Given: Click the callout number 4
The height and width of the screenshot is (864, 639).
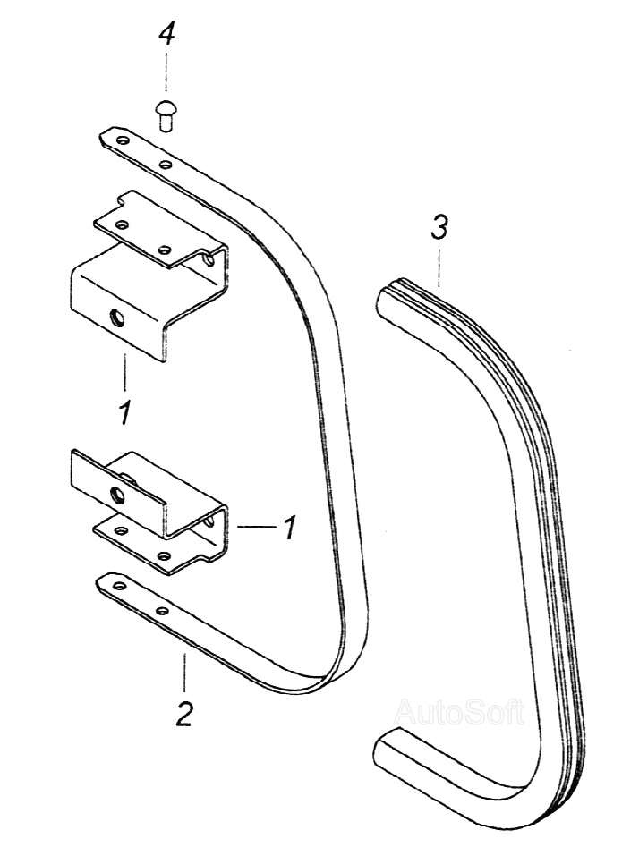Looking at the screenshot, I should coord(166,35).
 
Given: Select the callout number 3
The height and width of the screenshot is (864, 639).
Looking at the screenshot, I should coord(438,229).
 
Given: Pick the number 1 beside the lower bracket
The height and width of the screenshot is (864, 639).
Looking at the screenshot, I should coord(288,528).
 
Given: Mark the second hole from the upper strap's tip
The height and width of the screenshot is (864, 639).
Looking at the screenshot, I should coord(165,165).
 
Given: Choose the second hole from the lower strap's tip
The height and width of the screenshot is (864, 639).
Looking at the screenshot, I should coord(161,611).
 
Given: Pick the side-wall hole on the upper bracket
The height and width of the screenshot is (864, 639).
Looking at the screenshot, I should coord(208,260).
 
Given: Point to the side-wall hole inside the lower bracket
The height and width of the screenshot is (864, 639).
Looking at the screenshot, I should coord(210,519).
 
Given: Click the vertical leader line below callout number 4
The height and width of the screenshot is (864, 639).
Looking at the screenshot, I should coord(166,77).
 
